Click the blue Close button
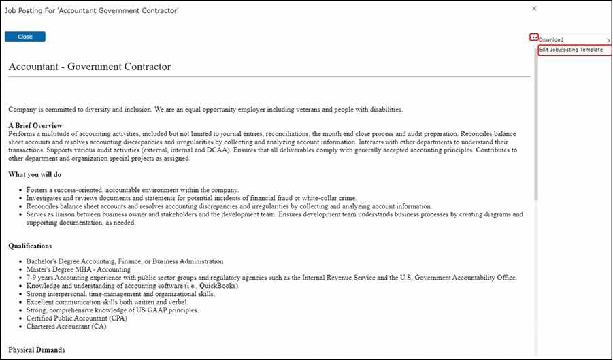[25, 37]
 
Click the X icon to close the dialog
[534, 9]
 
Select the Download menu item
[552, 39]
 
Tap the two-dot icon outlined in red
[534, 37]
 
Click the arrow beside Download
[608, 40]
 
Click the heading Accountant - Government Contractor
[90, 67]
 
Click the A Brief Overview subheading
[35, 125]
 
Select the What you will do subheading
[35, 174]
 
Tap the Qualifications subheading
[31, 246]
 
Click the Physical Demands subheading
[37, 350]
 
